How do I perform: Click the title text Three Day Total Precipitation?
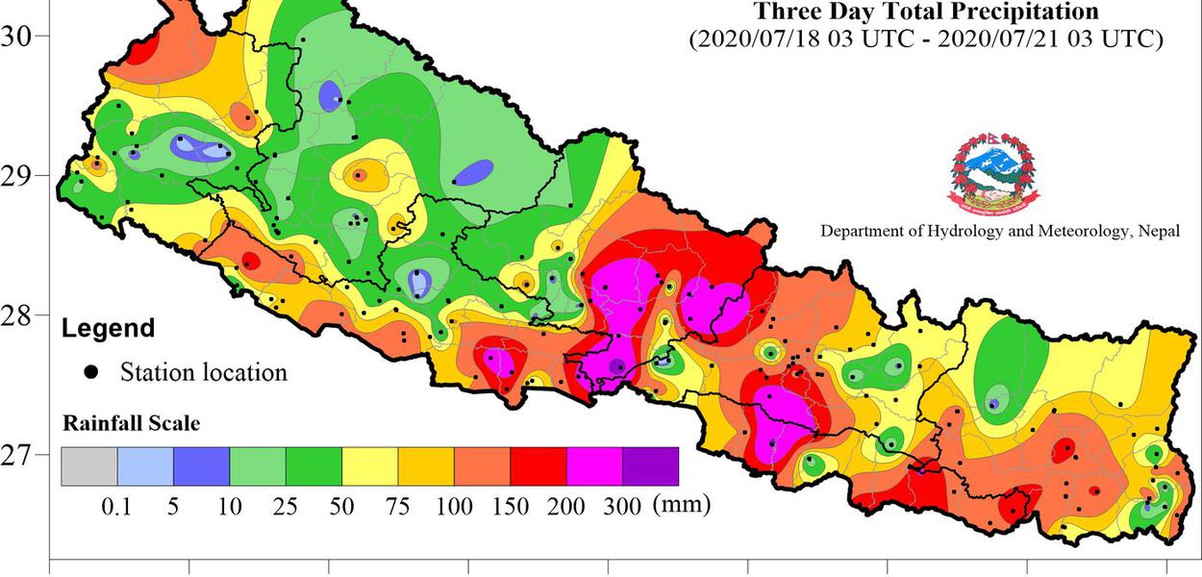coord(925,13)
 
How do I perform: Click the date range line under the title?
coord(925,39)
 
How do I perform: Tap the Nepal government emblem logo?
coord(995,174)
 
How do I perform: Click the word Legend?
coord(108,329)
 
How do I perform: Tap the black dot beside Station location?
coord(91,372)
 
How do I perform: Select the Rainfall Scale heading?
coord(131,423)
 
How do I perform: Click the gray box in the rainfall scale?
coord(89,466)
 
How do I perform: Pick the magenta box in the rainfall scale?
coord(594,466)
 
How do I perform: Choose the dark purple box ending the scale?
coord(650,466)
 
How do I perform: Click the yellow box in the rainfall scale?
coord(370,466)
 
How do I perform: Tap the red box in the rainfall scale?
coord(538,466)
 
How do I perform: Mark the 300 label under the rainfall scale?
coord(622,507)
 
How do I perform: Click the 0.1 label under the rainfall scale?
coord(116,507)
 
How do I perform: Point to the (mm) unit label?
coord(681,505)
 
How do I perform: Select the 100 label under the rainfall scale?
coord(454,507)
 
